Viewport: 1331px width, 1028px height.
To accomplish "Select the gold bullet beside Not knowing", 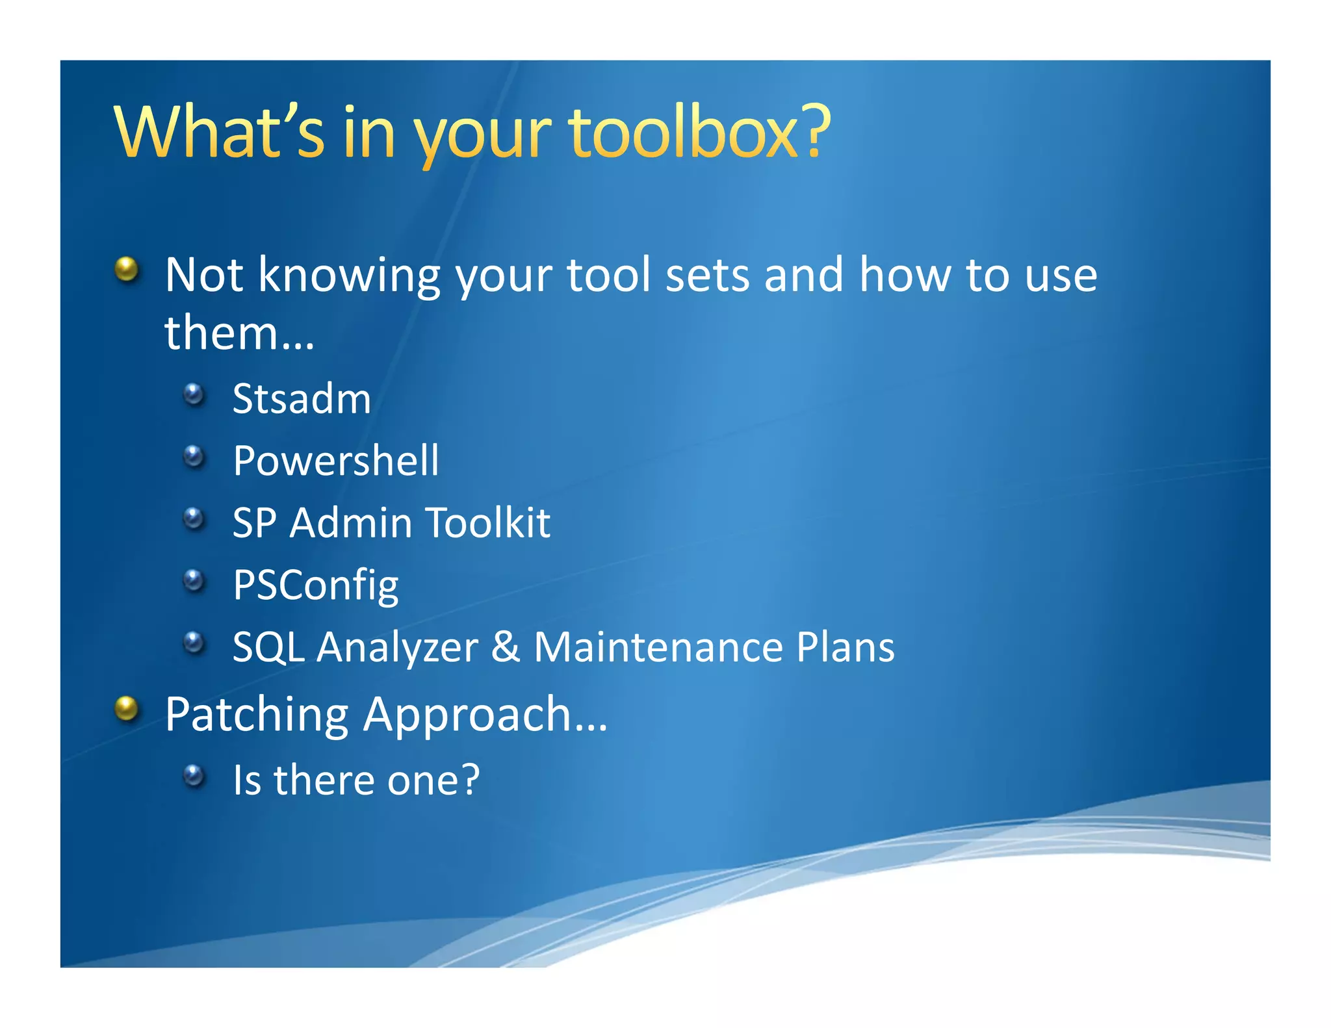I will [x=127, y=268].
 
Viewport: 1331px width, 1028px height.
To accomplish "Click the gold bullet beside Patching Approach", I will [x=127, y=708].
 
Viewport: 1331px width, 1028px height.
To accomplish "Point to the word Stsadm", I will [x=302, y=398].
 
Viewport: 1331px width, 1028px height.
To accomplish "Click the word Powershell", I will [x=336, y=461].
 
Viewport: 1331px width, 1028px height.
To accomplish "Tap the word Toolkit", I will [x=487, y=522].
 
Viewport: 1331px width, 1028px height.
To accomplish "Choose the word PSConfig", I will [x=316, y=585].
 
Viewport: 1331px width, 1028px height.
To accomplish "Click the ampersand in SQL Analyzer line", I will [x=506, y=647].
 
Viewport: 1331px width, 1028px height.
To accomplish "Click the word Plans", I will [x=846, y=647].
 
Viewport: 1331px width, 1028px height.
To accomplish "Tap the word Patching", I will [x=257, y=715].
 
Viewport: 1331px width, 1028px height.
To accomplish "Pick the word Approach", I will [x=484, y=715].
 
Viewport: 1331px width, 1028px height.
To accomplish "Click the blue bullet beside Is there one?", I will [x=194, y=775].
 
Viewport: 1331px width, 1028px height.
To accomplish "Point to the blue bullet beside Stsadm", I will [x=194, y=394].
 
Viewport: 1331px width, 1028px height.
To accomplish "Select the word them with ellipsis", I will [x=239, y=333].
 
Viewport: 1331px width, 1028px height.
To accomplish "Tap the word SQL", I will [x=268, y=648].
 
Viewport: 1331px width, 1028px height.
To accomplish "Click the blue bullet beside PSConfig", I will [x=194, y=580].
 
